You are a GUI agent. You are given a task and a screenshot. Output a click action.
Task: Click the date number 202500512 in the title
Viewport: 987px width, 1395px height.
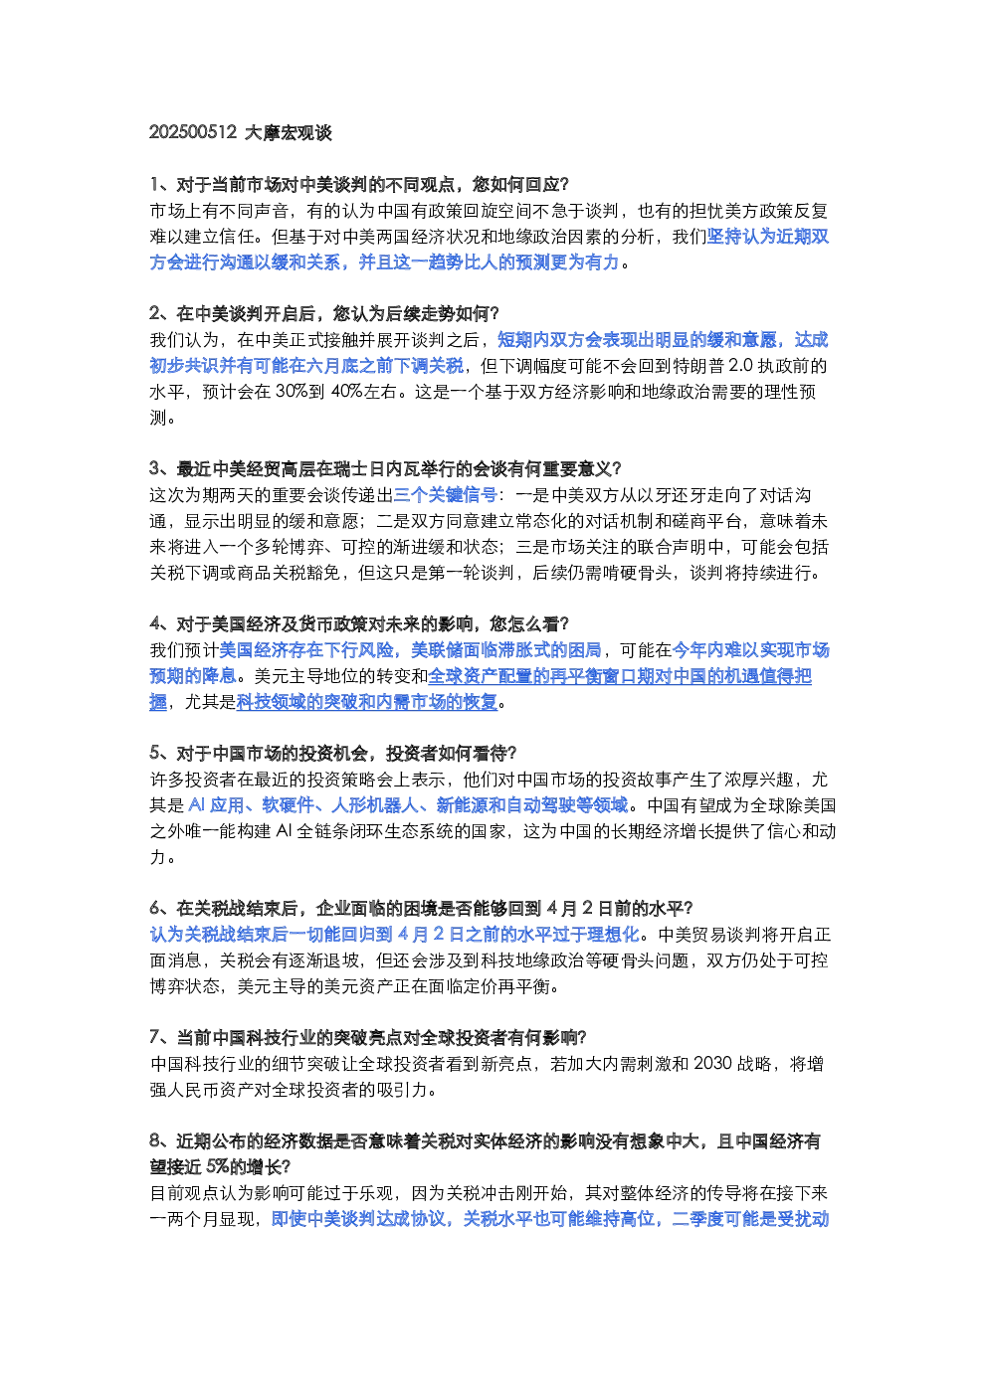tap(193, 132)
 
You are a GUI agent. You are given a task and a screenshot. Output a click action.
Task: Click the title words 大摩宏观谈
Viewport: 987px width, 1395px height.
tap(288, 132)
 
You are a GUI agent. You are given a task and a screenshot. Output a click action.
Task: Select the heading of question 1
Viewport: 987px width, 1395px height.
tap(359, 184)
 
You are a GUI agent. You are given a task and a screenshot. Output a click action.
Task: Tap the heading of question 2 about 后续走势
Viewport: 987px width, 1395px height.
tap(324, 313)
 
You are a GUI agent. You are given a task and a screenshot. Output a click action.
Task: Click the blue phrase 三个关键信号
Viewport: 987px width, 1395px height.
tap(446, 495)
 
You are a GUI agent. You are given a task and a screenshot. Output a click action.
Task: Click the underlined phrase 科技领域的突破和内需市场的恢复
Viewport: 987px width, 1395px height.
tap(367, 702)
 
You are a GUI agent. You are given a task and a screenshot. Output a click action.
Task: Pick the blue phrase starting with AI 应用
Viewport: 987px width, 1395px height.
tap(408, 805)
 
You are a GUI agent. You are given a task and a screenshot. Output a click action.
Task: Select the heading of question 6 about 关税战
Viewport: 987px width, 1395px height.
tap(422, 909)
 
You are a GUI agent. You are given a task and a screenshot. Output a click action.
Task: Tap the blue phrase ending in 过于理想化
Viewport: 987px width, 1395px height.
tap(395, 935)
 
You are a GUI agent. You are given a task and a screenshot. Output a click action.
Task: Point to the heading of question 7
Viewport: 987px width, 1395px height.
tap(368, 1037)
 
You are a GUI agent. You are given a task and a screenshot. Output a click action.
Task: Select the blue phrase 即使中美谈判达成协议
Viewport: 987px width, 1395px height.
tap(358, 1219)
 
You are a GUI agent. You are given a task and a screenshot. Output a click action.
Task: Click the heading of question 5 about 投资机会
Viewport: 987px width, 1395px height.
tap(333, 754)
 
